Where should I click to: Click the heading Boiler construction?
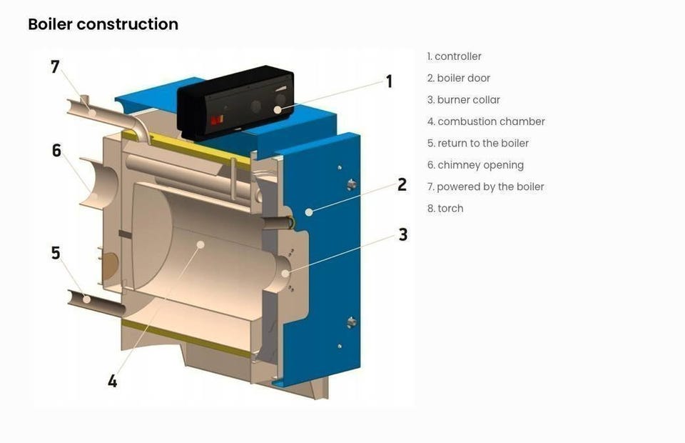click(x=103, y=24)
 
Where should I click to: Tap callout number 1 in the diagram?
click(x=389, y=81)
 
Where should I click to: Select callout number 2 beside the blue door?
click(x=402, y=184)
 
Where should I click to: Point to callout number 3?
click(x=403, y=234)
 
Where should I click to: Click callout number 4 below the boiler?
click(x=112, y=381)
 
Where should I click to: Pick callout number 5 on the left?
click(x=56, y=253)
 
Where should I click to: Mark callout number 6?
click(x=56, y=151)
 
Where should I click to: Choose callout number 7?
click(x=55, y=66)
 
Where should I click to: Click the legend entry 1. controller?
click(x=455, y=56)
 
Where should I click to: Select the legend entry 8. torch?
click(x=445, y=209)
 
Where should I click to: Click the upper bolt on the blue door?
click(x=351, y=184)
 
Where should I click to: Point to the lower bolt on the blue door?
click(x=351, y=322)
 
